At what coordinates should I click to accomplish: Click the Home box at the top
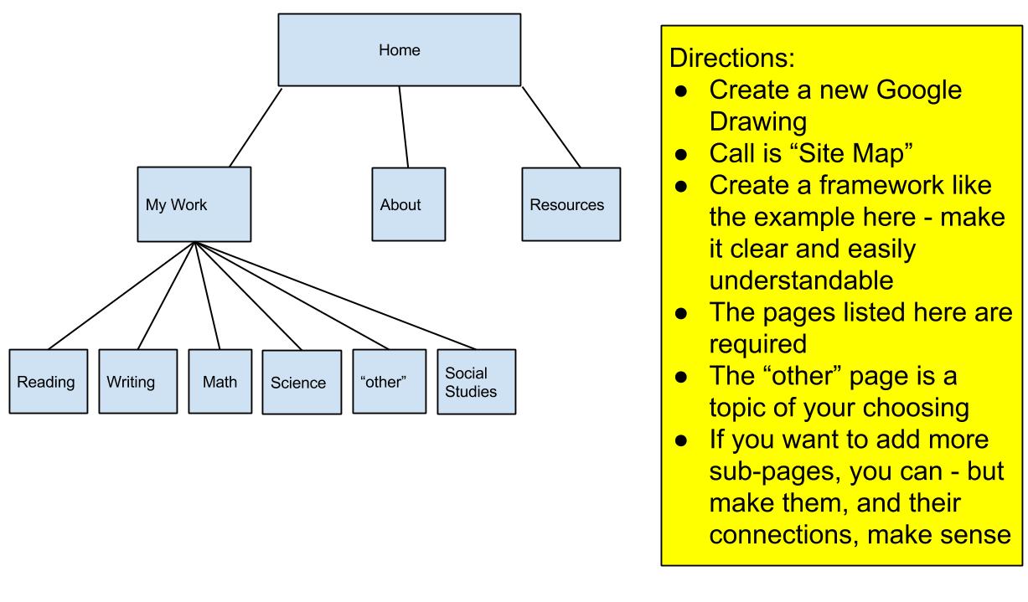[x=398, y=49]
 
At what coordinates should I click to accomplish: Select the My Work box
[x=194, y=204]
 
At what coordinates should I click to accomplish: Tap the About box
[x=408, y=204]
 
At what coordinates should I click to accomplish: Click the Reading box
[x=49, y=382]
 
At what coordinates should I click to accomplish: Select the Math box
[x=219, y=382]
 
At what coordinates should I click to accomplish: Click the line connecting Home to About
[x=403, y=126]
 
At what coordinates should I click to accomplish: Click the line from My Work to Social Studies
[x=335, y=296]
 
